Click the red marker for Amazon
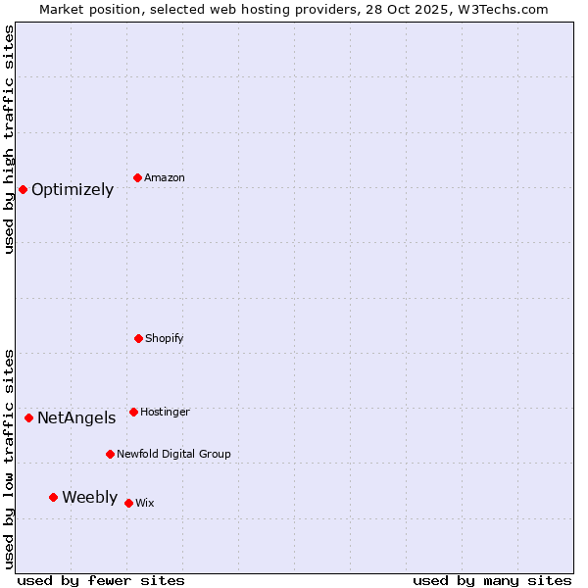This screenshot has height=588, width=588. (x=138, y=177)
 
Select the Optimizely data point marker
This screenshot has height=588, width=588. (x=24, y=189)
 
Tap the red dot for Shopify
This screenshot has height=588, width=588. (x=138, y=338)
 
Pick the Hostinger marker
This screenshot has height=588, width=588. (x=133, y=412)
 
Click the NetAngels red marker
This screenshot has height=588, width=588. (x=29, y=417)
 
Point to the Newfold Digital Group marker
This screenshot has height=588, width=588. (x=110, y=454)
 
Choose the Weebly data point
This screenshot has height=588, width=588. (x=54, y=497)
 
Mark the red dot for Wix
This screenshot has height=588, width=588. (x=128, y=503)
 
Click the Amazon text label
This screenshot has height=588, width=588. (x=165, y=178)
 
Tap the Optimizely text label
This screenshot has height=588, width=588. (x=73, y=190)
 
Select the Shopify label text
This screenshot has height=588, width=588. (x=165, y=339)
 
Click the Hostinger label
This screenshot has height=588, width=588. (x=165, y=413)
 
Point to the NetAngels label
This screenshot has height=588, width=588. (x=76, y=418)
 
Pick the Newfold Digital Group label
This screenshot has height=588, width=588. (x=173, y=455)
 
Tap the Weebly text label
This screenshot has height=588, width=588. (x=89, y=498)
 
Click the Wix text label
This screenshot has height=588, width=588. (x=145, y=504)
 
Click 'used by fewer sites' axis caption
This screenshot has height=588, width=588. (x=101, y=581)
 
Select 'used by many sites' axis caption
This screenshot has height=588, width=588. (x=492, y=581)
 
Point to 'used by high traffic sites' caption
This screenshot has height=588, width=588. (x=9, y=139)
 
